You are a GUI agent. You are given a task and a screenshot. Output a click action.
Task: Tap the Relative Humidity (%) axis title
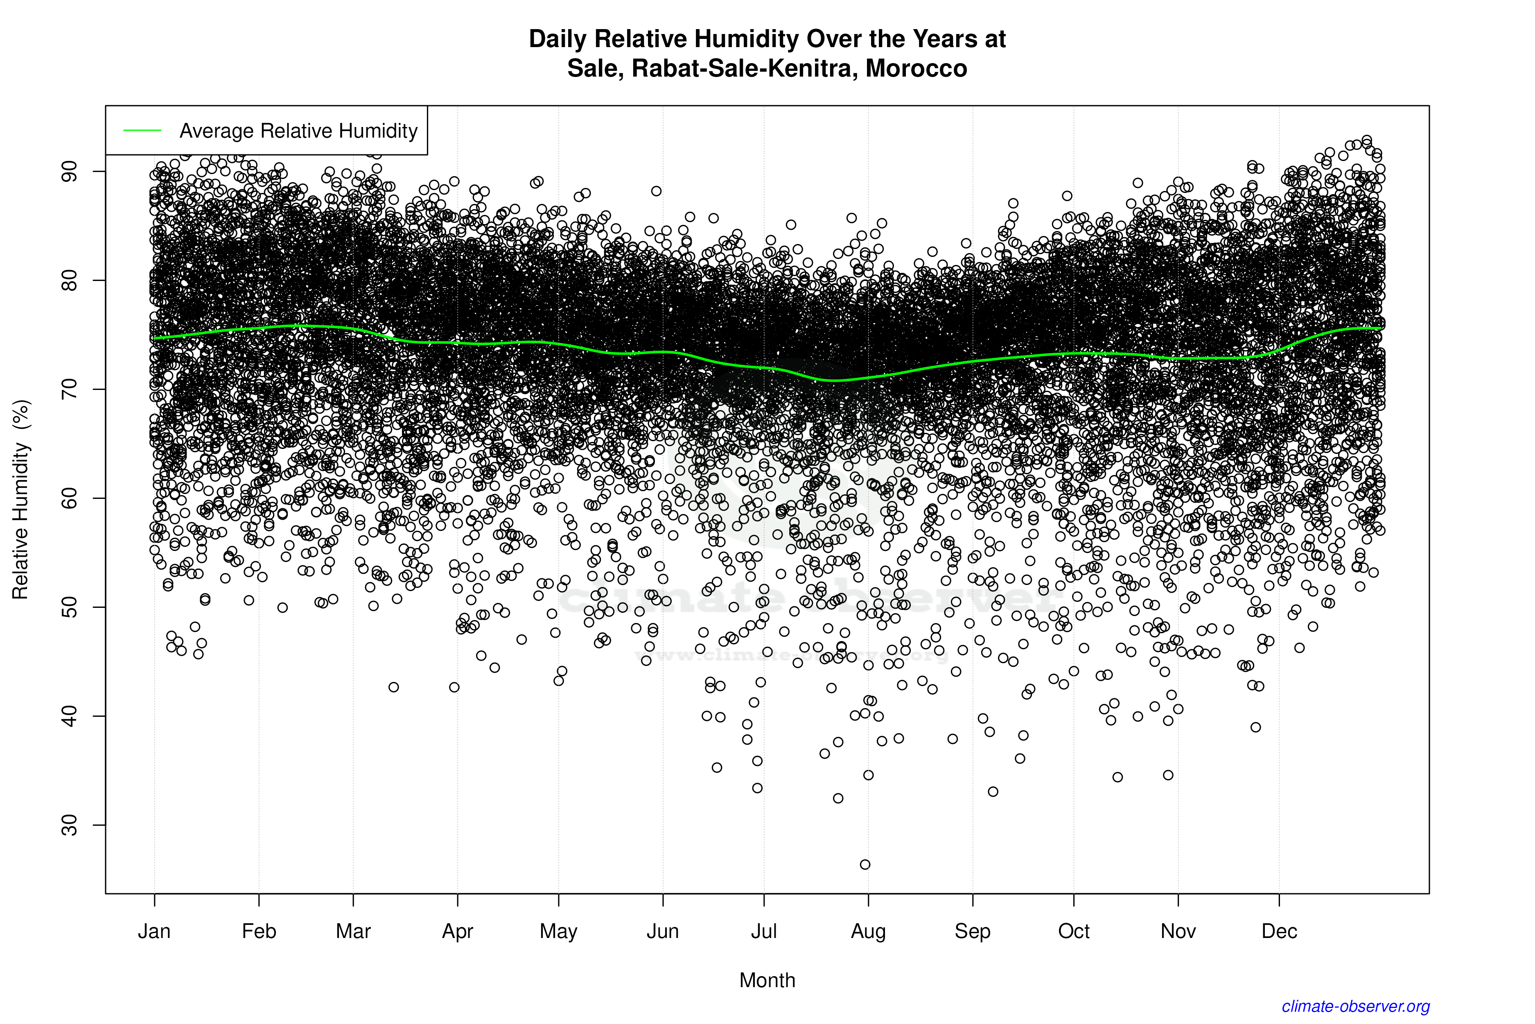pyautogui.click(x=21, y=500)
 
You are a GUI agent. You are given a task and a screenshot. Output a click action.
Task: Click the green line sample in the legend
pyautogui.click(x=142, y=131)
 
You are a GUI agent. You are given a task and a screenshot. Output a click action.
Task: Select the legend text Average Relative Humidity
pyautogui.click(x=298, y=131)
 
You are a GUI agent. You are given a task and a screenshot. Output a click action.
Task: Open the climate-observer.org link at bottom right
pyautogui.click(x=1356, y=1006)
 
